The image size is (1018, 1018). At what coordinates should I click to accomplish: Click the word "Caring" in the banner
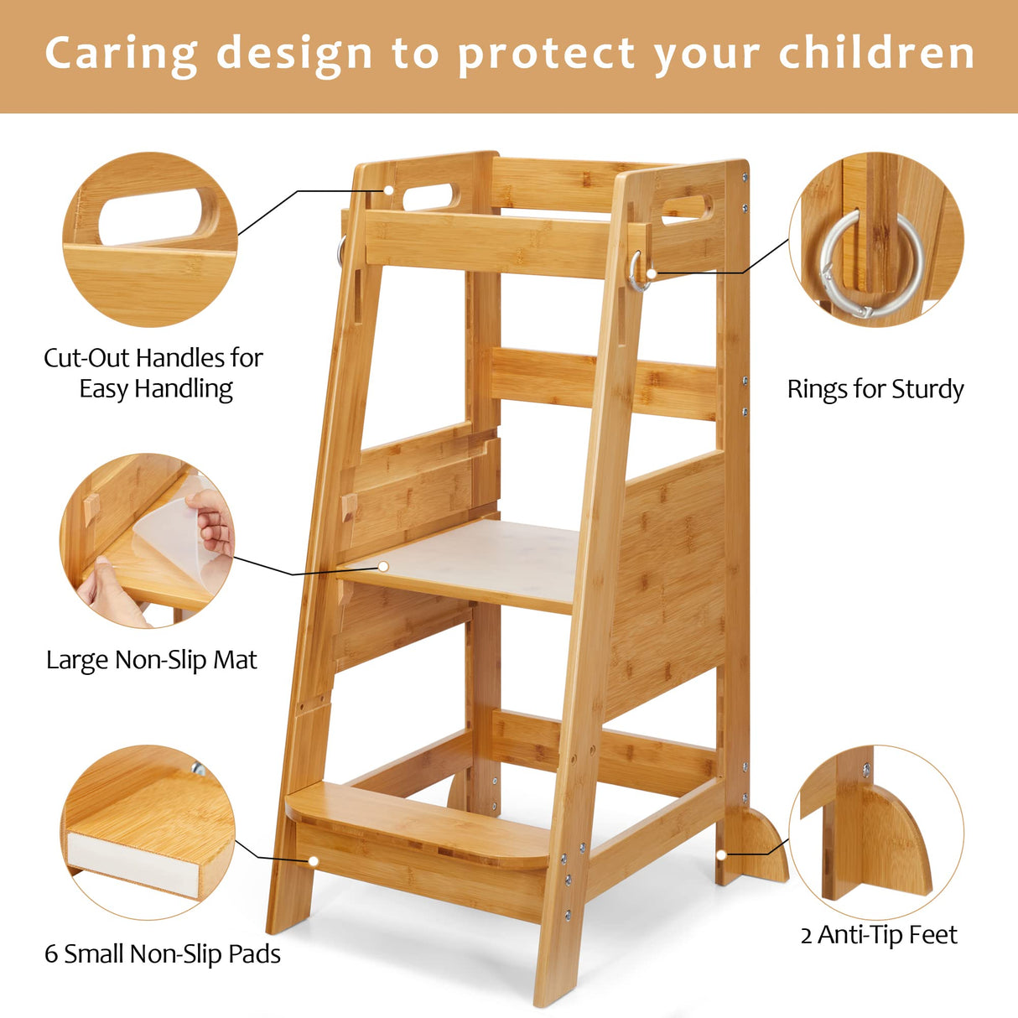tap(121, 54)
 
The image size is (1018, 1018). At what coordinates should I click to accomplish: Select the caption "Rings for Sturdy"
tap(875, 389)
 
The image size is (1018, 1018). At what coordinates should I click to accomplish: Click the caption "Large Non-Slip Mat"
tap(151, 660)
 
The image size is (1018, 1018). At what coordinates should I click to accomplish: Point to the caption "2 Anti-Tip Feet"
tap(878, 934)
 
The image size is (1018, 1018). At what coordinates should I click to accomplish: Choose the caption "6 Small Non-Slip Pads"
tap(162, 953)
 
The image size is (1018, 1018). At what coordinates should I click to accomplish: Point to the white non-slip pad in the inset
tap(133, 864)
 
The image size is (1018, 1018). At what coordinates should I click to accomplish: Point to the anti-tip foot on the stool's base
tap(760, 847)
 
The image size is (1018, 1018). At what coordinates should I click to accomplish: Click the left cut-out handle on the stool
tap(431, 197)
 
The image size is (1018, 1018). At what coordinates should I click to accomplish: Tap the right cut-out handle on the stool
tap(686, 209)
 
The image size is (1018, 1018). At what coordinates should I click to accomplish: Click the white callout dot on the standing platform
tap(383, 567)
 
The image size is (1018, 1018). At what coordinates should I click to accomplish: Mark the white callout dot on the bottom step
tap(313, 860)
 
